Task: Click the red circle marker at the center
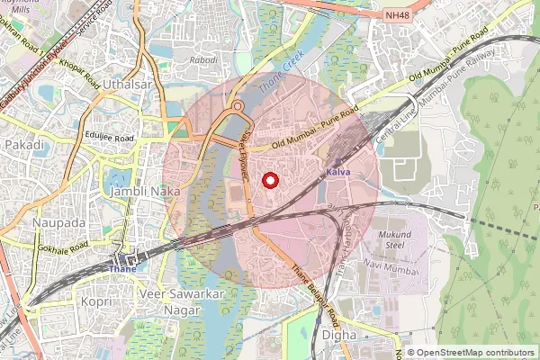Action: (269, 180)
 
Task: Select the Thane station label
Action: (121, 268)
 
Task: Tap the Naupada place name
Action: (58, 222)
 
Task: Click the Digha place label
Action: (338, 335)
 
